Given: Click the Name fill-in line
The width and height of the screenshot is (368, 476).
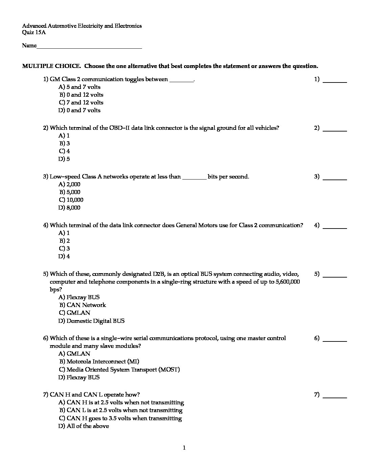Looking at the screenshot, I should [x=89, y=47].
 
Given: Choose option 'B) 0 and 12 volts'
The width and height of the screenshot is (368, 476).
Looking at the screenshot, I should [x=81, y=95].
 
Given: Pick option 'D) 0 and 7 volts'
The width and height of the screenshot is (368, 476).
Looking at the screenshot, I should [x=79, y=111].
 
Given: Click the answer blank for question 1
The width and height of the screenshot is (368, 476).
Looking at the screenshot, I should [x=335, y=81].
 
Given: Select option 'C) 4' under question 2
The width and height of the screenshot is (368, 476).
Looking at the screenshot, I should [x=64, y=151].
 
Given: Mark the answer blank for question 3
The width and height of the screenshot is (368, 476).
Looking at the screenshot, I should [x=335, y=178].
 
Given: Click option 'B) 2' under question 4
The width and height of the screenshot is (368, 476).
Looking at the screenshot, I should [x=65, y=241].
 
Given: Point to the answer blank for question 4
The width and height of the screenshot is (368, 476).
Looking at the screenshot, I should [x=335, y=227].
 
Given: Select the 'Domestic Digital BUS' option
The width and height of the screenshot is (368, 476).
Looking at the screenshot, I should [x=91, y=321].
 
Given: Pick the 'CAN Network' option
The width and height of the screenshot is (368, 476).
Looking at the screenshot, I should [x=86, y=305].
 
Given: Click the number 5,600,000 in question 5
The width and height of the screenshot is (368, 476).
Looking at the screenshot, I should [x=287, y=282].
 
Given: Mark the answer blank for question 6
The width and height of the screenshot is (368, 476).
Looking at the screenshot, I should [x=335, y=340].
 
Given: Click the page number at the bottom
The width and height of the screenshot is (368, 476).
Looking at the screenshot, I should [x=184, y=448].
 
